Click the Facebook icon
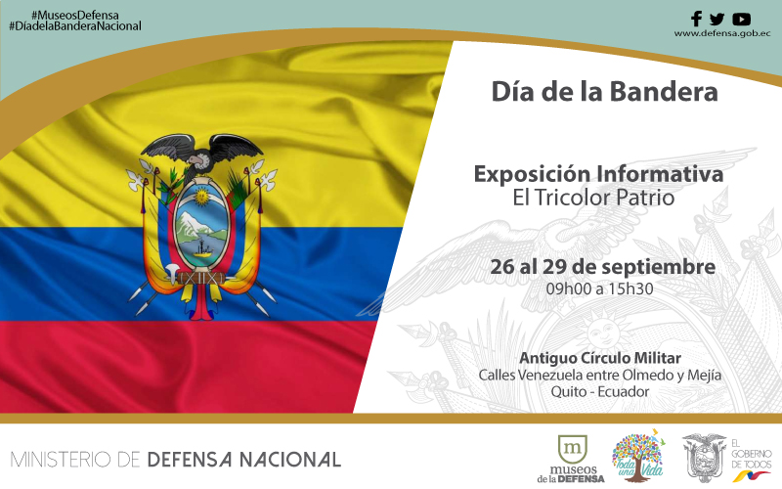[696, 19]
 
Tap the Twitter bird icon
[717, 20]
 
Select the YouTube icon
[742, 20]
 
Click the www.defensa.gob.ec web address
[722, 34]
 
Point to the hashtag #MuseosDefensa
[75, 16]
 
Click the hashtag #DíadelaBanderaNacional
[75, 26]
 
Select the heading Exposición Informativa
[598, 174]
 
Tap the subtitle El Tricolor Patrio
[593, 198]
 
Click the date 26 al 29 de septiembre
[602, 267]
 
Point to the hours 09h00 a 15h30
[599, 289]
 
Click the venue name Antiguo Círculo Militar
[600, 358]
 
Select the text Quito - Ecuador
[600, 392]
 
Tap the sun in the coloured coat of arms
[201, 197]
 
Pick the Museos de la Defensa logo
[571, 459]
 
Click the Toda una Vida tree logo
[638, 456]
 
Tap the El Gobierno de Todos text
[751, 454]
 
